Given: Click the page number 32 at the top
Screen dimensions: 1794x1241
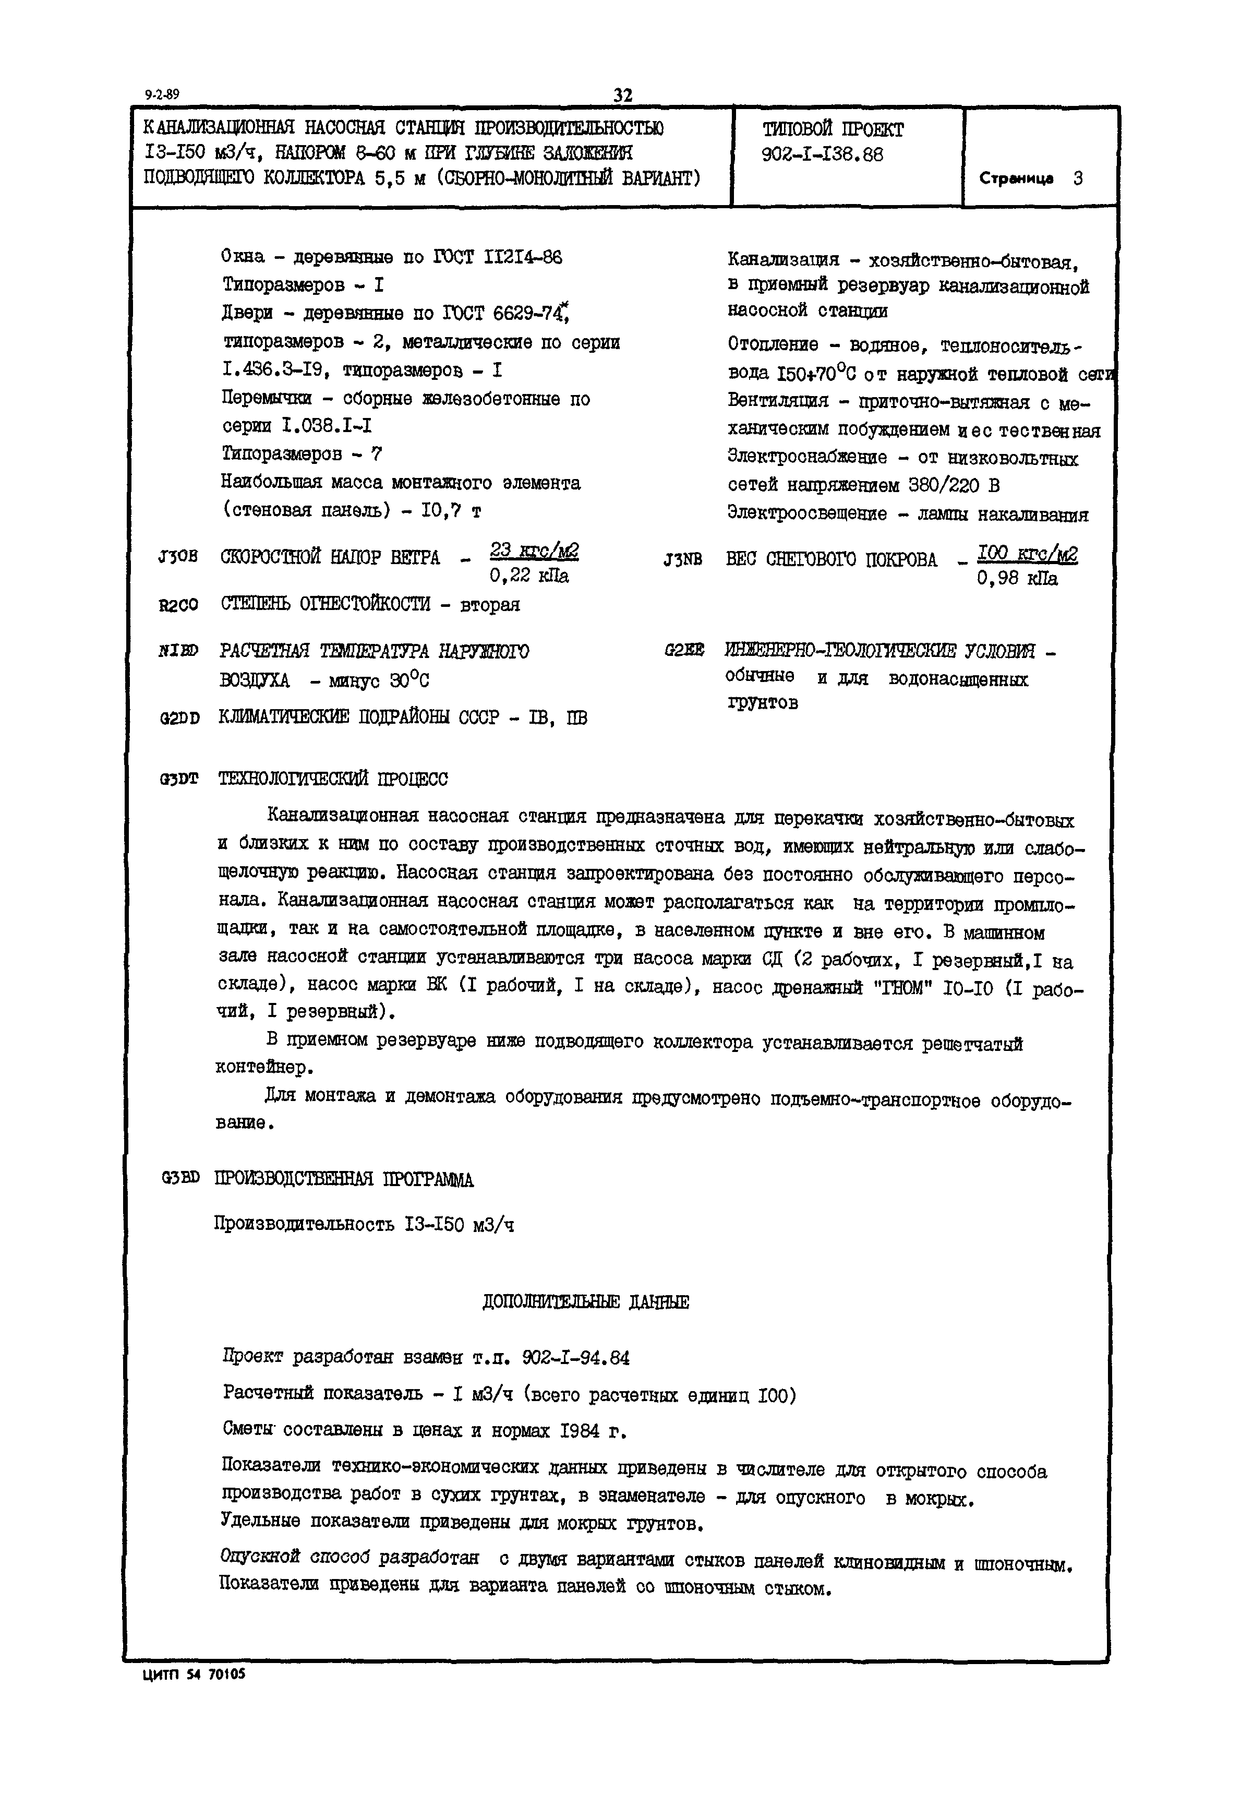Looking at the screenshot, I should [623, 95].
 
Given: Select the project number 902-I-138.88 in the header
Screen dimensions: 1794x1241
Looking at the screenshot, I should [823, 155].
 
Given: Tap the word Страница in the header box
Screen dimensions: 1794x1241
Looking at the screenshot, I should [1016, 179].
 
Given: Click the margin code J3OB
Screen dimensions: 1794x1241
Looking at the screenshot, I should [177, 557].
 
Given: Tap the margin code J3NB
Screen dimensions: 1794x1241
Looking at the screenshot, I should [683, 559].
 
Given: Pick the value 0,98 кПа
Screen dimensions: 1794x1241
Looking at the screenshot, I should [1017, 579].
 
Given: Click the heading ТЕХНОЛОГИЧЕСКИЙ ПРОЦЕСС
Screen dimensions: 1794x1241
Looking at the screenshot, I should [333, 779].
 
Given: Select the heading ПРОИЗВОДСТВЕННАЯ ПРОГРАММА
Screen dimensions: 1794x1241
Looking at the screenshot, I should [344, 1180].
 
